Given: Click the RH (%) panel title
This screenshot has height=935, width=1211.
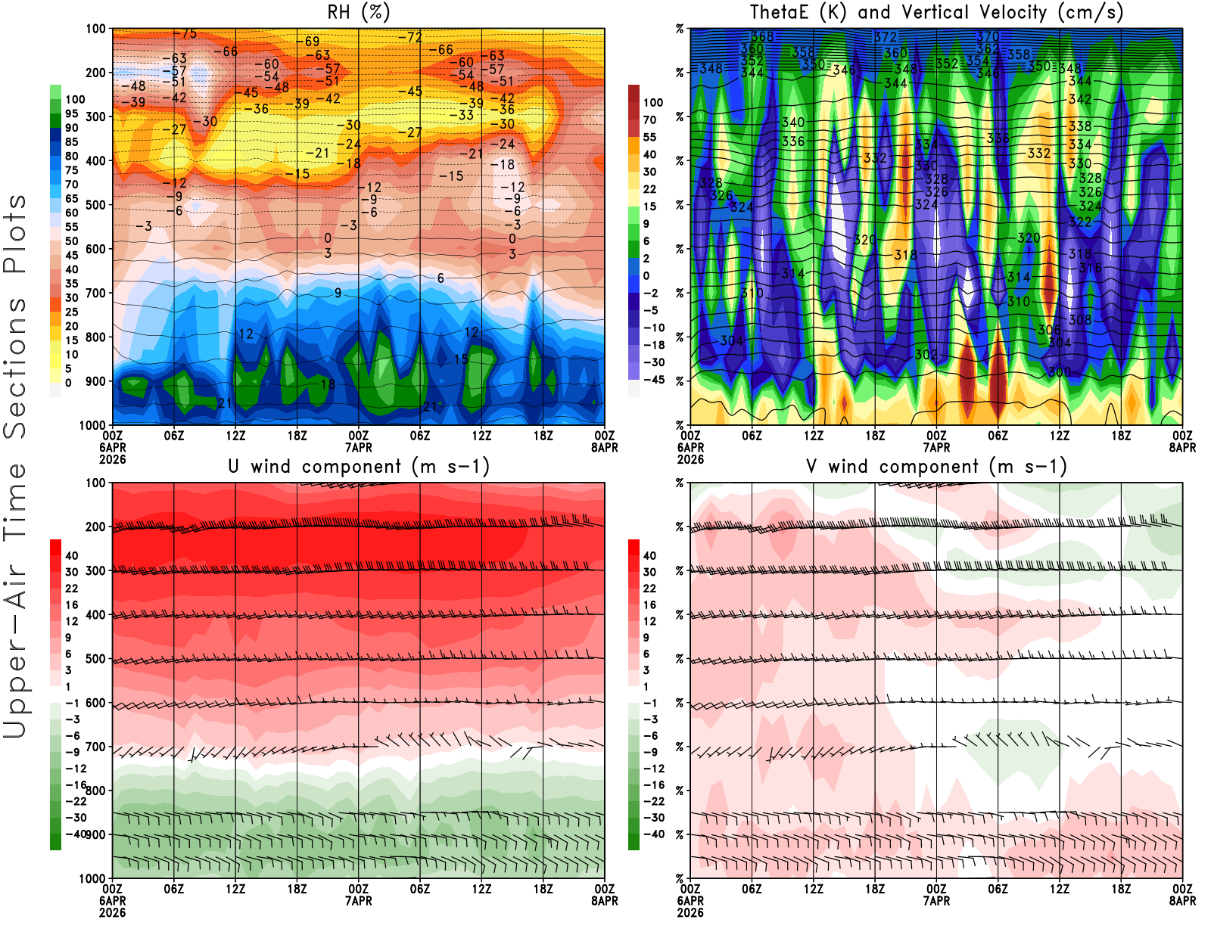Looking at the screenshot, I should (x=359, y=12).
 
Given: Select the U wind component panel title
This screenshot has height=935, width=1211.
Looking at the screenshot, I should (x=359, y=467).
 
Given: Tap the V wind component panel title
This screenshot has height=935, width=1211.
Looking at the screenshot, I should (x=937, y=467).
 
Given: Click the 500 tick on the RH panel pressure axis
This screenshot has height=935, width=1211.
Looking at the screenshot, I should (x=95, y=205).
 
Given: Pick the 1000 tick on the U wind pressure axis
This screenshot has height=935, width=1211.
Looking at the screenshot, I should (x=92, y=878).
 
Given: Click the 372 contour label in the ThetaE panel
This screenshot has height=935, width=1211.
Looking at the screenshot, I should (x=885, y=37).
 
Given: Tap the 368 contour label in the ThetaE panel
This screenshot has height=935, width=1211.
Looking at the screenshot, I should (x=762, y=36).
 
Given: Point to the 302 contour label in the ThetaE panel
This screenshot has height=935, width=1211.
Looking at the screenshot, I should (x=926, y=354).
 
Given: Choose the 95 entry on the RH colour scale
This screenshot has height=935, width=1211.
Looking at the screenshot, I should (x=71, y=113).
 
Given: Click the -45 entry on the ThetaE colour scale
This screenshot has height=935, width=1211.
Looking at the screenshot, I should (x=653, y=380).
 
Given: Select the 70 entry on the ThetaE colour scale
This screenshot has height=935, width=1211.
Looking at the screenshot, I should (x=649, y=120).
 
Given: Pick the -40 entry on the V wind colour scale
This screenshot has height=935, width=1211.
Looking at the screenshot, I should (x=653, y=834).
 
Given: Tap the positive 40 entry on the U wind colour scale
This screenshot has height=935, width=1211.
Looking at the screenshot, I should (x=72, y=556).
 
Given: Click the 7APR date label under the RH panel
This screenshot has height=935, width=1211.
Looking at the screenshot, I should (x=359, y=447).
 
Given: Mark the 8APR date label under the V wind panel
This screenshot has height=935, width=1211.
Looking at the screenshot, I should (x=1182, y=901).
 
